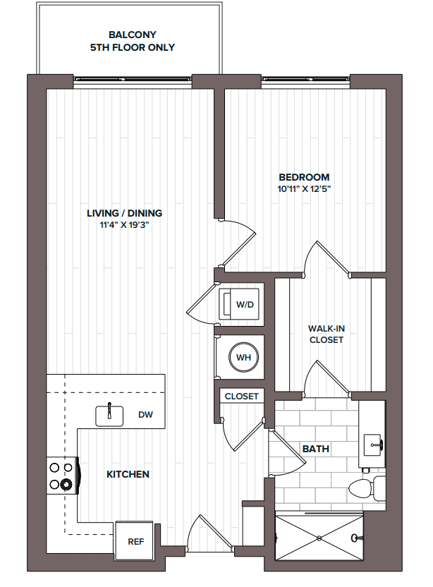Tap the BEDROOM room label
(303, 177)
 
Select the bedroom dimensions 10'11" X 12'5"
(303, 189)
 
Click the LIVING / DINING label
(124, 213)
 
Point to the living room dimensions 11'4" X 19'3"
(124, 225)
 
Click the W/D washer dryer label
(244, 305)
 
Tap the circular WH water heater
(243, 358)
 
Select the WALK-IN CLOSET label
(325, 334)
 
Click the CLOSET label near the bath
(241, 397)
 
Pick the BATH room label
(315, 449)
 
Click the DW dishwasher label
(146, 416)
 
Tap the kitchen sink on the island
(110, 414)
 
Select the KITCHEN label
(128, 474)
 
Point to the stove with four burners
(62, 476)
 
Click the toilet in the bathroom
(366, 487)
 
